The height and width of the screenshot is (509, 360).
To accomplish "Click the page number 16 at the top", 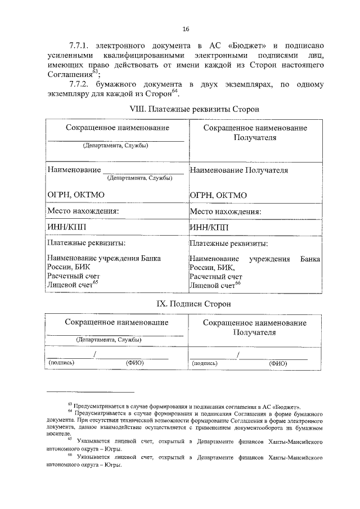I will coord(185,30).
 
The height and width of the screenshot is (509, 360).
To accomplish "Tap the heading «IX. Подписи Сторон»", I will coord(185,304).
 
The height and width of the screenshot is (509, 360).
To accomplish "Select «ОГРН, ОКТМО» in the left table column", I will coord(76,195).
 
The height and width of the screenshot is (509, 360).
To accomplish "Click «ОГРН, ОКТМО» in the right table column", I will coord(219,195).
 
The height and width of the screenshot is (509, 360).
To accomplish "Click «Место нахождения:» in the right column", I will coord(226,211).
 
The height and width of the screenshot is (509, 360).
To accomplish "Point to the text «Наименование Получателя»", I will coord(239,169).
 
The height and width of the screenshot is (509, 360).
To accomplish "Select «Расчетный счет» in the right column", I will coord(216,277).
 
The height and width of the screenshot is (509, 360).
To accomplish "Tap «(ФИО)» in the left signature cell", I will coord(135,363).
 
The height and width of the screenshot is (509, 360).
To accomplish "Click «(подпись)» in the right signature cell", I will coord(205,363).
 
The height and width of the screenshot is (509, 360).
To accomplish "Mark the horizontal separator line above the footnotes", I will coord(91,392).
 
